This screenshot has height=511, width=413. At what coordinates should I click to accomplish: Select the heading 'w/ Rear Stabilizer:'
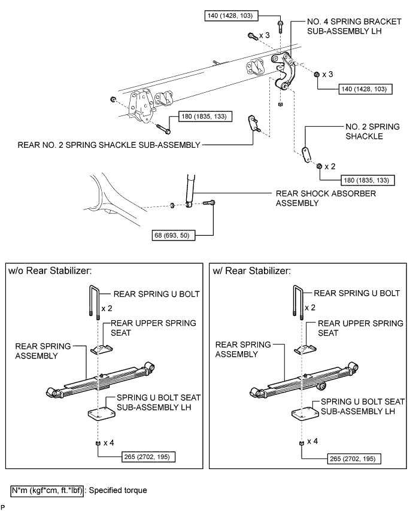click(x=252, y=271)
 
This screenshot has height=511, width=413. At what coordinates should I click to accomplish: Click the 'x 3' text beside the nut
click(x=328, y=75)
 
